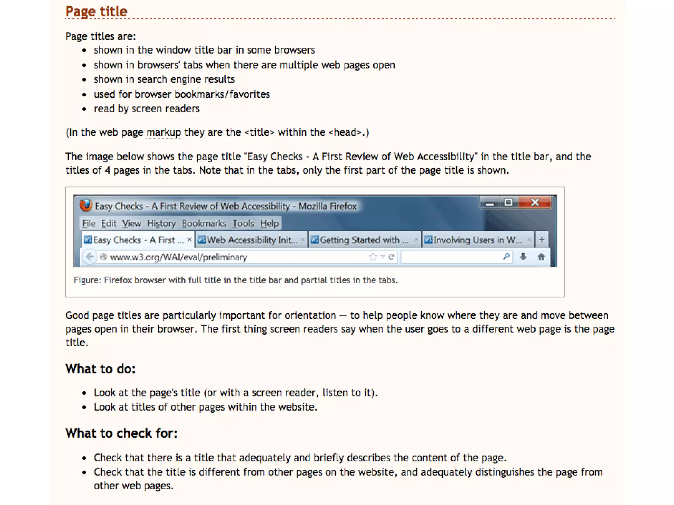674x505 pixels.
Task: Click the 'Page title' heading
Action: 96,12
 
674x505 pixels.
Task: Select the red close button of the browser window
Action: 535,203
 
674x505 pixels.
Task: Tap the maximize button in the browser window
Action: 508,203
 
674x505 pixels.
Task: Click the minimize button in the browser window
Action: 490,204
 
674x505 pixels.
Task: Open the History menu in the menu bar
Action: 161,224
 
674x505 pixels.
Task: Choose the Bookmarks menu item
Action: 204,224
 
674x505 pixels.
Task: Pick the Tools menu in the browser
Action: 243,224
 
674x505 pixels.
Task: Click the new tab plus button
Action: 542,240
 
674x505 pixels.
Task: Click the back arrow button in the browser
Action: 90,256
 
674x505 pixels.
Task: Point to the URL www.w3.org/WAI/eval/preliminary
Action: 178,257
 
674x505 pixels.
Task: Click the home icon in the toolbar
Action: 541,256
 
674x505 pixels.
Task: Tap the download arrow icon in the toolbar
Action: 523,256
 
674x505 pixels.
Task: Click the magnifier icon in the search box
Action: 506,256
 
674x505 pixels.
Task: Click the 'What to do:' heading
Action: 100,369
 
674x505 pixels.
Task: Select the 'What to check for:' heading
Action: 121,433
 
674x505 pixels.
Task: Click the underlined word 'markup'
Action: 164,132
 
